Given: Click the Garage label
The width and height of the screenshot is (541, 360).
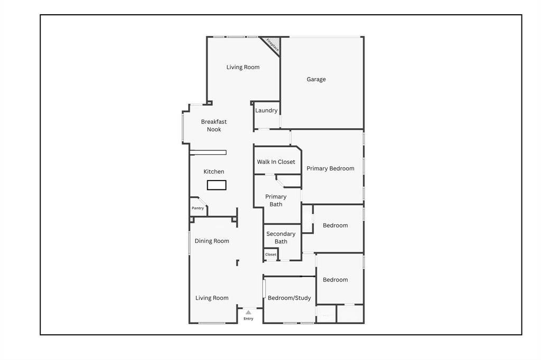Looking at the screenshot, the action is pyautogui.click(x=316, y=79).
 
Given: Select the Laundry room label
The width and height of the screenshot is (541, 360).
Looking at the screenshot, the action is pyautogui.click(x=266, y=110).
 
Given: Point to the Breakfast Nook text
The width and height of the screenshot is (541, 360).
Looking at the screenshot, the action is pyautogui.click(x=214, y=126).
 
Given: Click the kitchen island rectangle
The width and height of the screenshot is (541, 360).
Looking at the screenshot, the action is pyautogui.click(x=217, y=185).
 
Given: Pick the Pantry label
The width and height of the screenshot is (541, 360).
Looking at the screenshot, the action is pyautogui.click(x=198, y=208).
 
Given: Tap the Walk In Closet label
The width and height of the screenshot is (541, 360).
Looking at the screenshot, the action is pyautogui.click(x=276, y=162).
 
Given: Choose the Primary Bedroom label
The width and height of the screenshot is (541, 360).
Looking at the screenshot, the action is pyautogui.click(x=331, y=168).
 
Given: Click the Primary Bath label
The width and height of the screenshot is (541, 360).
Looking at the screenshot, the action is pyautogui.click(x=276, y=201).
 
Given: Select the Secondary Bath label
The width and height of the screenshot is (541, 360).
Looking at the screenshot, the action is pyautogui.click(x=281, y=238).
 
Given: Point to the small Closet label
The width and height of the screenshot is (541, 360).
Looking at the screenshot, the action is pyautogui.click(x=270, y=254).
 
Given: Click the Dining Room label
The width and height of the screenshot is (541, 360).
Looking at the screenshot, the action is pyautogui.click(x=212, y=241).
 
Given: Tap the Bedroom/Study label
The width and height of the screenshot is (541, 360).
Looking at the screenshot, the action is pyautogui.click(x=290, y=298).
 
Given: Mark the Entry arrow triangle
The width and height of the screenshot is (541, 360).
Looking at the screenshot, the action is pyautogui.click(x=248, y=312).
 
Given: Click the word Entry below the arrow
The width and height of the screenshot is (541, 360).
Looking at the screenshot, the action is pyautogui.click(x=248, y=319).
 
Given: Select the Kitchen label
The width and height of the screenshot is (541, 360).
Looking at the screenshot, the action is pyautogui.click(x=214, y=172).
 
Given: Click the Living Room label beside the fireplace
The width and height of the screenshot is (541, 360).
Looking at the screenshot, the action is pyautogui.click(x=243, y=67).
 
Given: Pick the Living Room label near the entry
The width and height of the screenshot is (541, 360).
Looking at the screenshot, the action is pyautogui.click(x=212, y=298).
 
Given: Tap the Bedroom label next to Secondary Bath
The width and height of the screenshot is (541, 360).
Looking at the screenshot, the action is pyautogui.click(x=335, y=225).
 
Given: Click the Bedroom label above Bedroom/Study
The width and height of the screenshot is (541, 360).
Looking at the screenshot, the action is pyautogui.click(x=335, y=280).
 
